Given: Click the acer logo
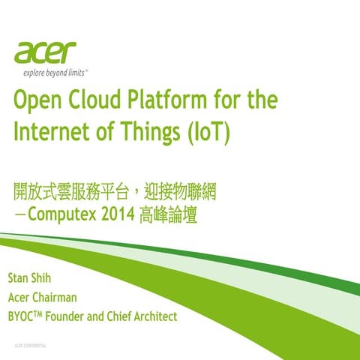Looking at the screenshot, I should [45, 53].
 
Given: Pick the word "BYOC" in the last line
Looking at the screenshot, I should [22, 316].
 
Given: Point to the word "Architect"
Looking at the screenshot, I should [152, 316].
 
